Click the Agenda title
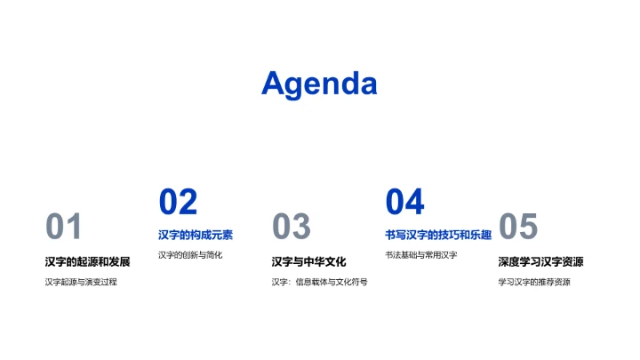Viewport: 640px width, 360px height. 319,84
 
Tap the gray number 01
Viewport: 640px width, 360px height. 63,228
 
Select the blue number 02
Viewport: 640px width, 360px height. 178,203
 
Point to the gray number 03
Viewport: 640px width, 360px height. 291,228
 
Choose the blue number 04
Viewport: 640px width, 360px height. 404,203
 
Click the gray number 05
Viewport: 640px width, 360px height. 518,228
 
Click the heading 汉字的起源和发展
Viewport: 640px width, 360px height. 87,261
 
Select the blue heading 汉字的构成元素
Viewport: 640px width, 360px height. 196,235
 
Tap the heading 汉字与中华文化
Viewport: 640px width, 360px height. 308,261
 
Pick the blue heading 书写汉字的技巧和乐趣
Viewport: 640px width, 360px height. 438,235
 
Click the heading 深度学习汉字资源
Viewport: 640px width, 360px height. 540,261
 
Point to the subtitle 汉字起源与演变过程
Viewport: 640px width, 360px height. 81,282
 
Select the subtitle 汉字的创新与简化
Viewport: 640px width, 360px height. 190,255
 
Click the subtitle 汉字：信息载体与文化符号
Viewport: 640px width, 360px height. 319,282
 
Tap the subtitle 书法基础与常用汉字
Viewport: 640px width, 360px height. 420,255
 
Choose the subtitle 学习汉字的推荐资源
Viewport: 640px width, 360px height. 534,282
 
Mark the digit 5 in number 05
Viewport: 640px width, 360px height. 528,228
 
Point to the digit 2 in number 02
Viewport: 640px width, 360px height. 188,203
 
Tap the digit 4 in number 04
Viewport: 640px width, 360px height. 414,203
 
